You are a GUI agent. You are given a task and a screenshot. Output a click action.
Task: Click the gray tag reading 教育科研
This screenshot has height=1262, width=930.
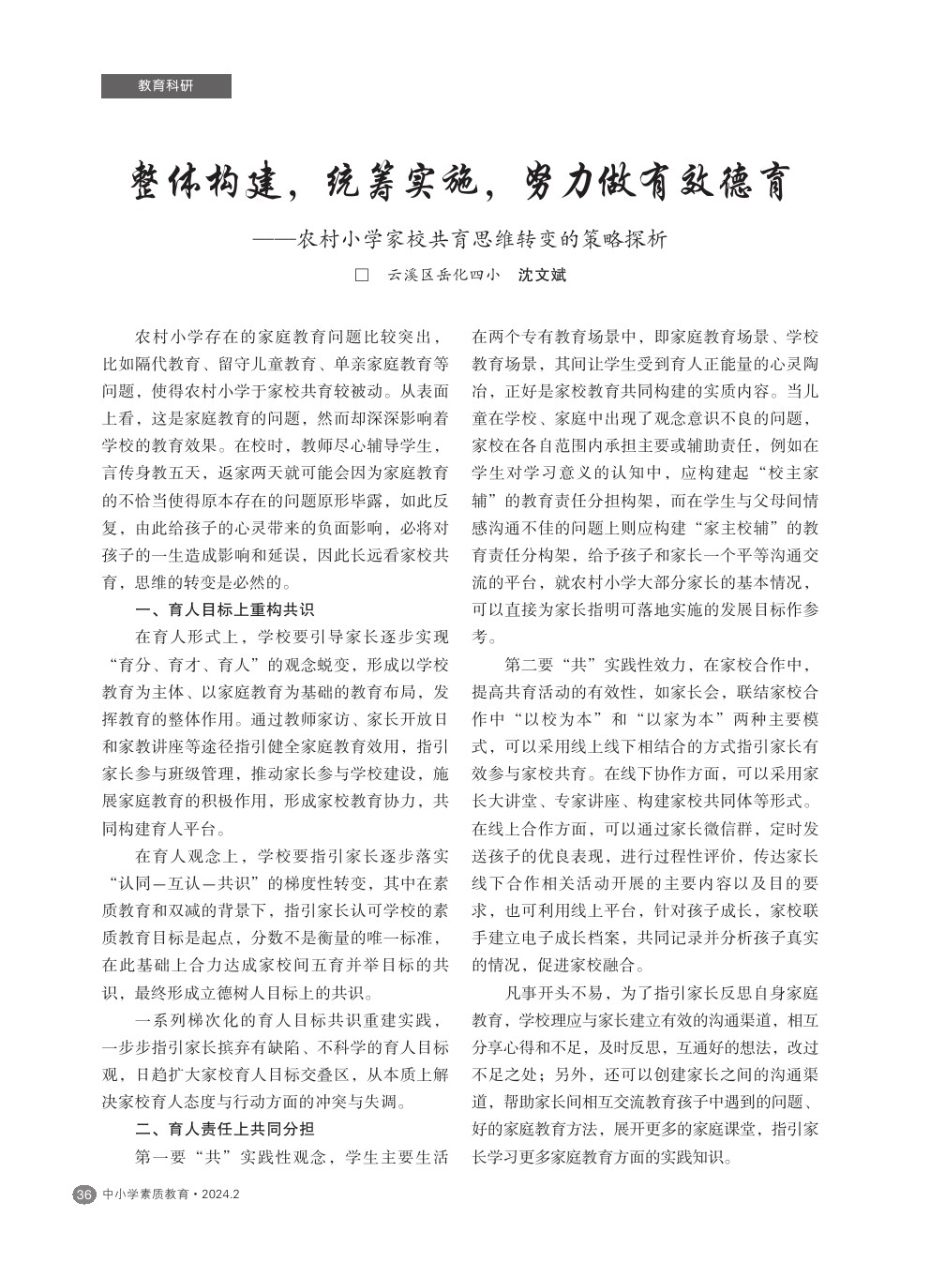[166, 85]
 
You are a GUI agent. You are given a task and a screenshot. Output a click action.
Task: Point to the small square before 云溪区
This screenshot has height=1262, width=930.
[360, 277]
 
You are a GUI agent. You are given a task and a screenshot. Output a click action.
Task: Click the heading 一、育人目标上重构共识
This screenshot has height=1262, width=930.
[225, 610]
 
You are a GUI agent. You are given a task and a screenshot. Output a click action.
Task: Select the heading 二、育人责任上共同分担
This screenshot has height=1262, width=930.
[225, 1129]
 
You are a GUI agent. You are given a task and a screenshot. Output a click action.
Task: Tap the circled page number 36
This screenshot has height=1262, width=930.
[83, 1194]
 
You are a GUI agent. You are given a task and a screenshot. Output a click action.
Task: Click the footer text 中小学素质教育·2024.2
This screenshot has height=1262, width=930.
[172, 1194]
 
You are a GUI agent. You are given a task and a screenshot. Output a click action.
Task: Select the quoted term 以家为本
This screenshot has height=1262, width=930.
[682, 720]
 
